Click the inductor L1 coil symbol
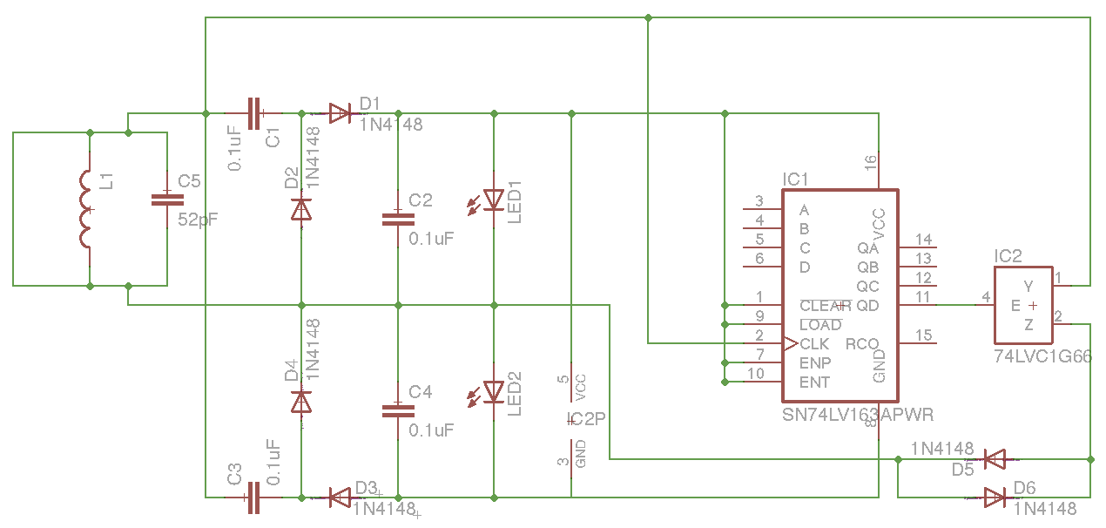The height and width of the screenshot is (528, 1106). [86, 210]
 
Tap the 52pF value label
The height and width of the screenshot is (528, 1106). [199, 220]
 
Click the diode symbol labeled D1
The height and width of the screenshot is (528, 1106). [340, 112]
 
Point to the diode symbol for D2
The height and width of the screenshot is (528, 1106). [301, 209]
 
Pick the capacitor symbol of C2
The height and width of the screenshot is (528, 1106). [398, 219]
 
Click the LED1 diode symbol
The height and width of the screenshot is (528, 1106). [494, 200]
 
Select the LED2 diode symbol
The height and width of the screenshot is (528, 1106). [494, 391]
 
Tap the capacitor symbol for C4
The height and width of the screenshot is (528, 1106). [398, 410]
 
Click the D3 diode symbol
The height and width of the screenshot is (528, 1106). [340, 498]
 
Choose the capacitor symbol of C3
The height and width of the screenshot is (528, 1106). [253, 498]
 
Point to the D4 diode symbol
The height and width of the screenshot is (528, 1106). [301, 401]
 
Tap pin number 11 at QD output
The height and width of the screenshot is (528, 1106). [923, 297]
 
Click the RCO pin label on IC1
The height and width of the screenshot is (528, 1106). [861, 344]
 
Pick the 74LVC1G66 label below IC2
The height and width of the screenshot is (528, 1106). [1042, 357]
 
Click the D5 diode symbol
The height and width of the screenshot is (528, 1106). [994, 458]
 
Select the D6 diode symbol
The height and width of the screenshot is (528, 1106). [994, 498]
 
